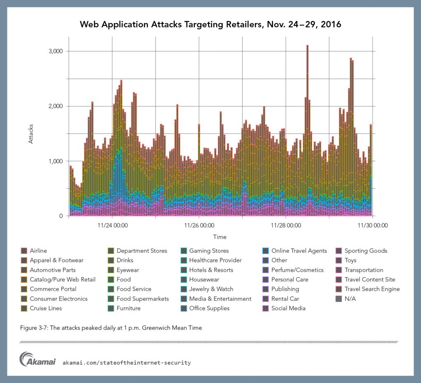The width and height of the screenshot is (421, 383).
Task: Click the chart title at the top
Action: [x=210, y=25]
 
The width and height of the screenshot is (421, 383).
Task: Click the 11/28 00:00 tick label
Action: [x=286, y=225]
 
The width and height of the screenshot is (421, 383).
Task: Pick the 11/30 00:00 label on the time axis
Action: [x=373, y=225]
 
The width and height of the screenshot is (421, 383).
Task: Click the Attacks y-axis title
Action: [x=31, y=134]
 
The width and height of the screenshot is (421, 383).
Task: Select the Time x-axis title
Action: [x=220, y=237]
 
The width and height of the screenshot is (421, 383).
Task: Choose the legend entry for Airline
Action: [x=38, y=251]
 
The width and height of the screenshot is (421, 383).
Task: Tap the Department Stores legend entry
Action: [x=142, y=251]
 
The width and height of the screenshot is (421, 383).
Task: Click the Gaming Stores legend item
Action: [x=209, y=251]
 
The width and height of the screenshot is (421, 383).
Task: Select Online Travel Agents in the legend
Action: [x=299, y=251]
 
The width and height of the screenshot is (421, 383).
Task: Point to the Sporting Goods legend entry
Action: [x=366, y=251]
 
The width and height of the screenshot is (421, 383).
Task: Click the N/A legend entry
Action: [x=350, y=299]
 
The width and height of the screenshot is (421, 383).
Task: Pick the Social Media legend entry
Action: [x=288, y=308]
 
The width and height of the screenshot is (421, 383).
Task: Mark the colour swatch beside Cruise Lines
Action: [x=24, y=308]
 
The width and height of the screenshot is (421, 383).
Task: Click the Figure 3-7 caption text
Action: [x=111, y=328]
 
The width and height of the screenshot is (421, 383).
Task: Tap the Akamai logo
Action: [x=38, y=359]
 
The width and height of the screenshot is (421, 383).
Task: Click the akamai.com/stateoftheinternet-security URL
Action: [x=127, y=362]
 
